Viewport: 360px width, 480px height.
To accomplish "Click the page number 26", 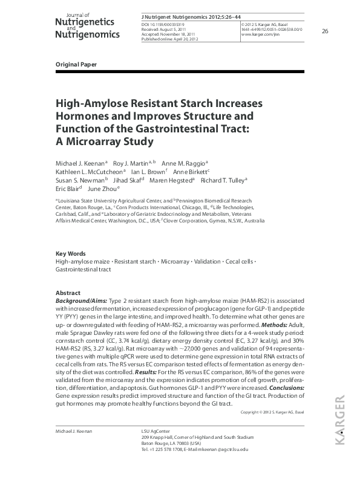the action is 325,31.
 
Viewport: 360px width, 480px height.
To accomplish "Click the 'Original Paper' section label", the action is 76,64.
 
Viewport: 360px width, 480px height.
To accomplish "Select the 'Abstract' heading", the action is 68,292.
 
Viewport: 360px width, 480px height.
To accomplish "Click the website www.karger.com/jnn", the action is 261,35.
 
